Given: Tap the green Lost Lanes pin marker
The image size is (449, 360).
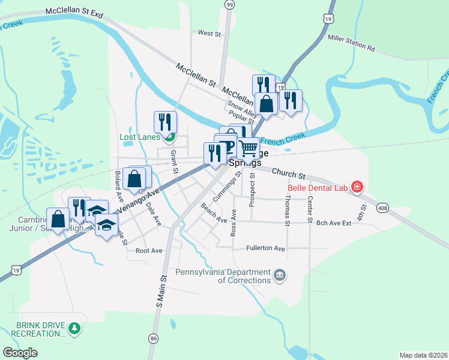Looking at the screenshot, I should [x=169, y=137].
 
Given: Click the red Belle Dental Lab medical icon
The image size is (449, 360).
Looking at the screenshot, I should [x=357, y=187].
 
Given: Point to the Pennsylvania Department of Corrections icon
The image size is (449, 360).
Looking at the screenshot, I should [x=280, y=276].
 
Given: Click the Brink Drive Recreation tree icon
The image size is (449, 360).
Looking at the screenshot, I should [x=74, y=328].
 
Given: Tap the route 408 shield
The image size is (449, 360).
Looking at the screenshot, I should [x=382, y=208].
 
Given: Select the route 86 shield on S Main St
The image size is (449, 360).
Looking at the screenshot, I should [x=154, y=339].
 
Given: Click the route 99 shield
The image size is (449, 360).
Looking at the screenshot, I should [x=229, y=4].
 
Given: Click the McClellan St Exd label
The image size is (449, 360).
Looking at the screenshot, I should [x=74, y=13].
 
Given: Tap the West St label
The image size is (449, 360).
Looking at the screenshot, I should [x=209, y=34].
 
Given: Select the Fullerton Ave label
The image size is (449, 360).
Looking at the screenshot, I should [x=266, y=248].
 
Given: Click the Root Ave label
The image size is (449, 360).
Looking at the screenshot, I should [x=149, y=250].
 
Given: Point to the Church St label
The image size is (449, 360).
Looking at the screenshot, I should [x=288, y=174].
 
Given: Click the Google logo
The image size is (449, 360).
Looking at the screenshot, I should [x=20, y=353].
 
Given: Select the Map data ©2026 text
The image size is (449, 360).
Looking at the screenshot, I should [x=423, y=355].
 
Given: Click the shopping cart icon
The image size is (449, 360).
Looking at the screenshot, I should [x=249, y=147].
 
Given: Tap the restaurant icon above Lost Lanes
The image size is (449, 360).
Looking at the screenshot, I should [x=164, y=121].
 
